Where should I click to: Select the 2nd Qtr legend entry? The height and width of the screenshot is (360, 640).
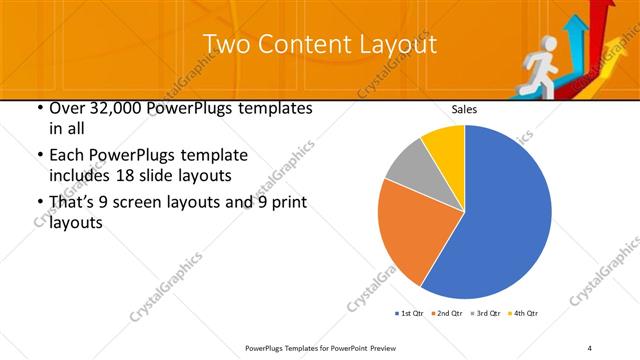coord(446,314)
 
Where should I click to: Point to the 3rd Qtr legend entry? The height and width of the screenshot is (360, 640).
coord(482,314)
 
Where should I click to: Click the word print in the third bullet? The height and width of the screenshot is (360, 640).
coord(286,203)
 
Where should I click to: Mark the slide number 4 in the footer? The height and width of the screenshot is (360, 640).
coord(590,347)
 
